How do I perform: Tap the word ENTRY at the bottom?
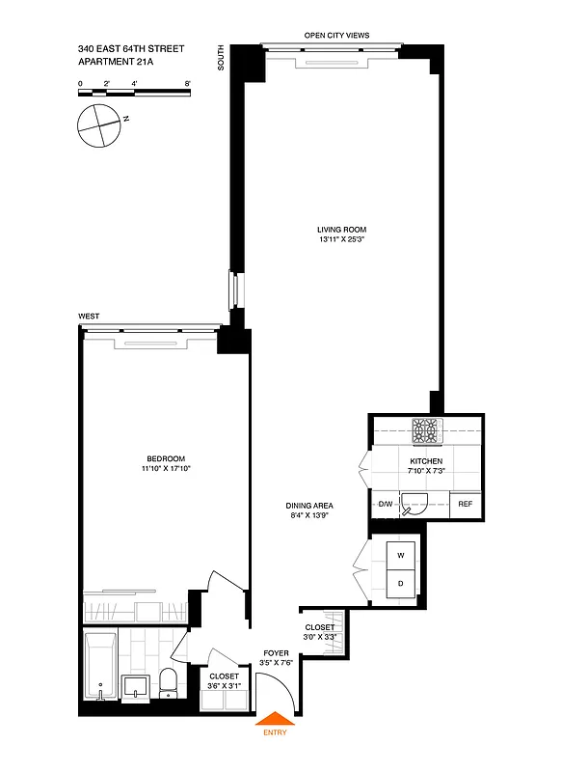[x=275, y=734]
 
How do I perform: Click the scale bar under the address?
[x=134, y=93]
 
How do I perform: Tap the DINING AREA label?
[x=308, y=510]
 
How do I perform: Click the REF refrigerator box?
[x=466, y=504]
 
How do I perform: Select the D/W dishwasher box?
[x=384, y=504]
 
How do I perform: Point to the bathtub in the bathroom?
[x=100, y=666]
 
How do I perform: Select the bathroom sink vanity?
[x=135, y=686]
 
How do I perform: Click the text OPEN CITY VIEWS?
[x=336, y=36]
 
